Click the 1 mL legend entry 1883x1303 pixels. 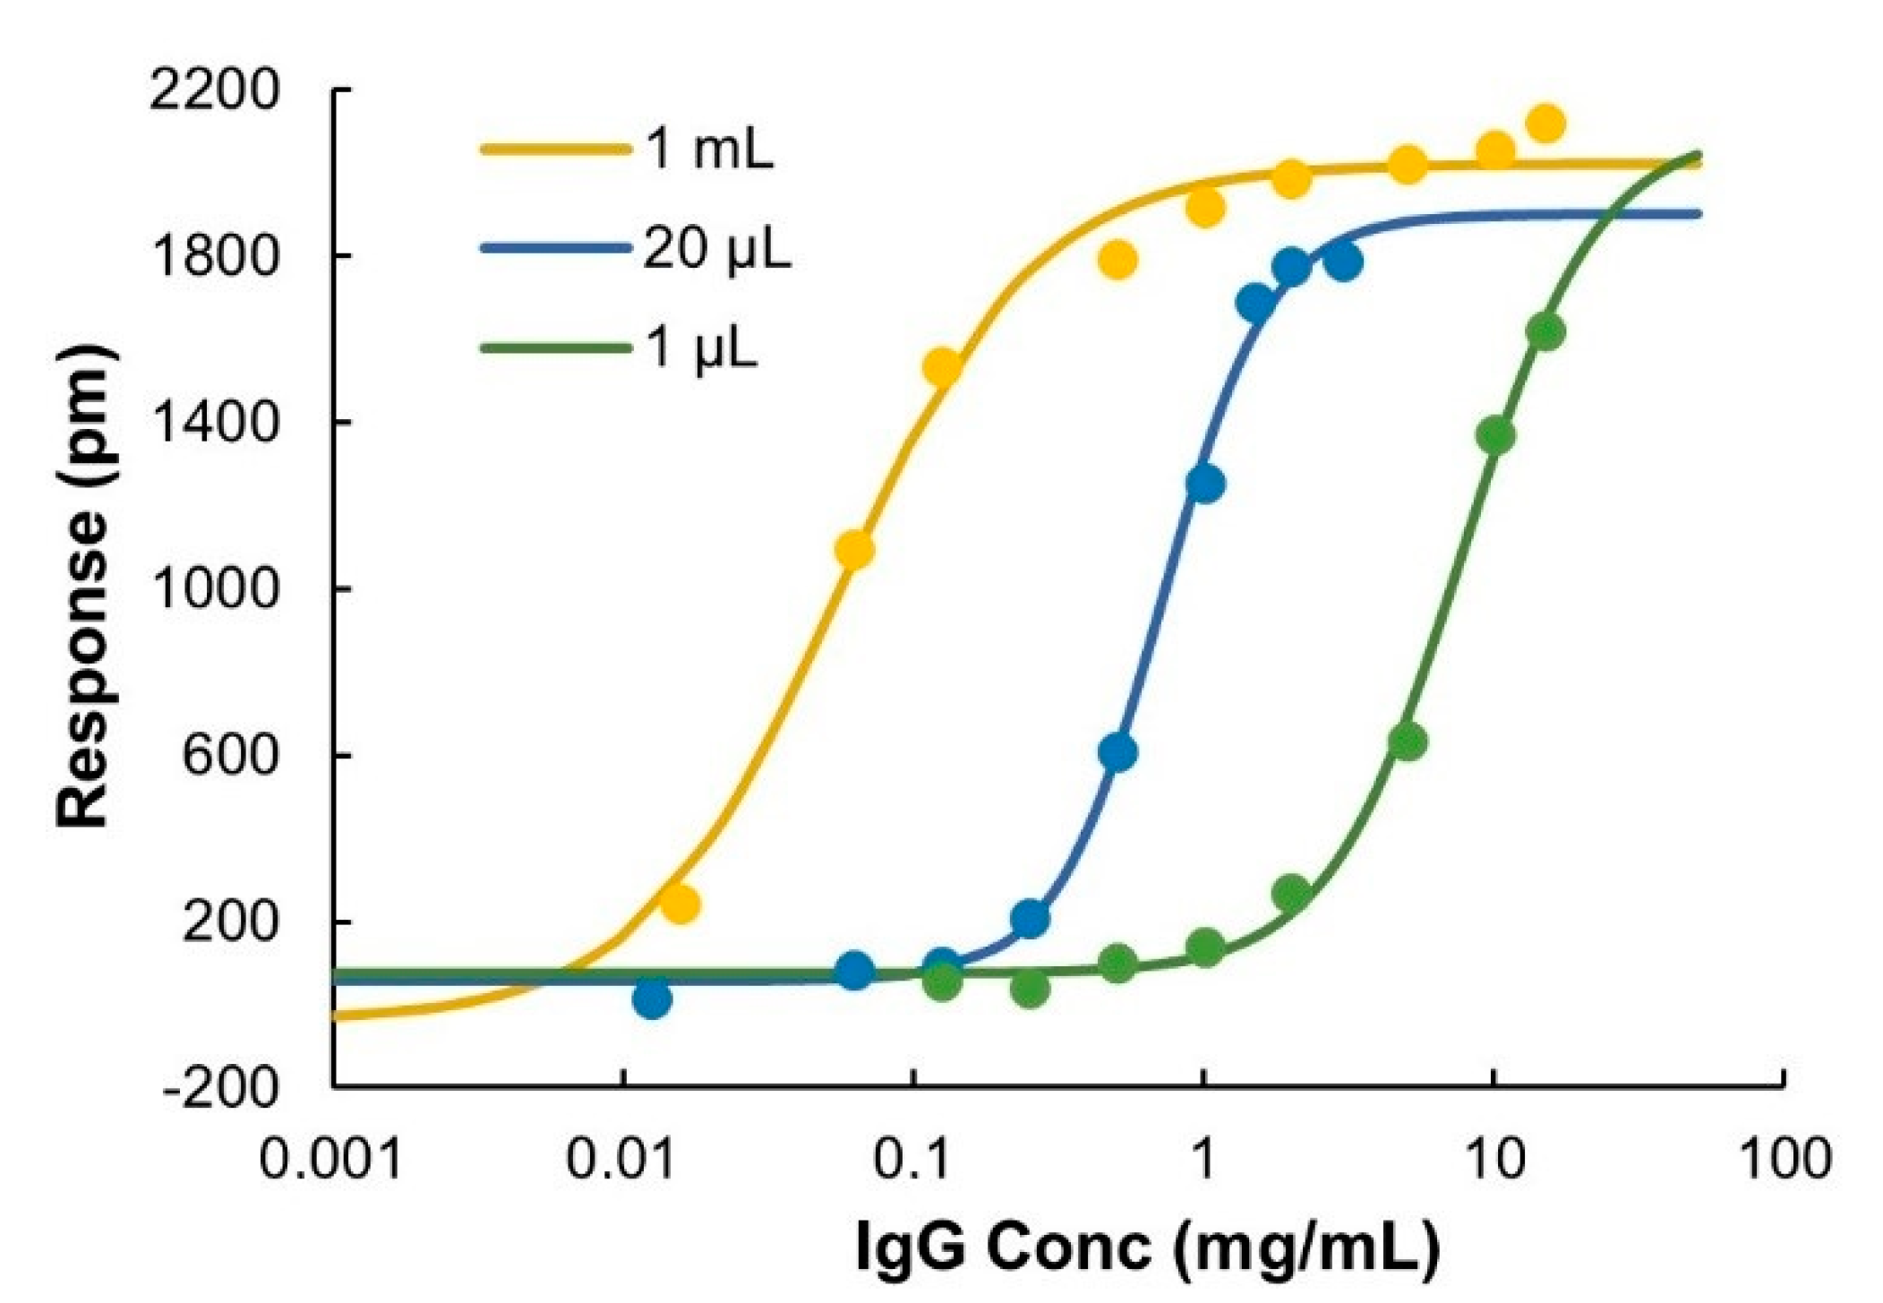tap(707, 148)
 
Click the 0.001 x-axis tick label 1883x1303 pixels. tap(330, 1160)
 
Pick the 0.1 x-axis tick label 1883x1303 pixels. tap(912, 1160)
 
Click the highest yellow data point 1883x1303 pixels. tap(1545, 124)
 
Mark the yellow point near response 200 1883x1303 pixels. tap(680, 904)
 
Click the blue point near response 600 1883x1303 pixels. tap(1117, 752)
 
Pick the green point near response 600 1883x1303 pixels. tap(1408, 742)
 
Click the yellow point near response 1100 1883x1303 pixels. tap(854, 549)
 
